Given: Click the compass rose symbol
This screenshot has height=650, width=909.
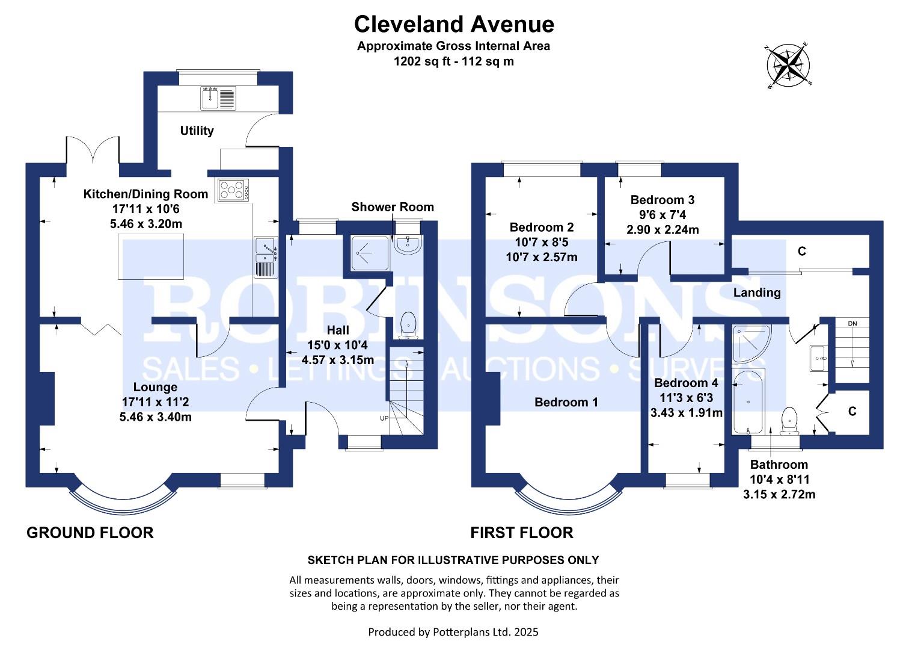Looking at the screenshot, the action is coord(789,65).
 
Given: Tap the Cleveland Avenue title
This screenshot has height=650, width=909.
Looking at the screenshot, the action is coord(454,24).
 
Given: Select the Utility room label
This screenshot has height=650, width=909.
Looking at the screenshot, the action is coord(197,131).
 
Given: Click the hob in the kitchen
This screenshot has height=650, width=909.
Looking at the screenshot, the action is coord(233,190).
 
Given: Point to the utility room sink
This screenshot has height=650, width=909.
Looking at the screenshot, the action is coord(218,98).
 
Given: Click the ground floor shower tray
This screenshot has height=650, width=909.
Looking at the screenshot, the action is coord(370,253).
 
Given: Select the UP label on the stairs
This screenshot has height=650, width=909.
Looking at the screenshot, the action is coord(384,418).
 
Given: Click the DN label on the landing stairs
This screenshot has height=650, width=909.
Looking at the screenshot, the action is coord(852,323).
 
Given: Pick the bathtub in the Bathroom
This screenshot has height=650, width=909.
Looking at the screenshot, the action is coord(748,401).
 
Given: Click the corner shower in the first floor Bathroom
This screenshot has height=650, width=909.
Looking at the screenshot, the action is coord(751,344).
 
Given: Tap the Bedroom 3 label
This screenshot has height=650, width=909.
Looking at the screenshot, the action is coord(663,199).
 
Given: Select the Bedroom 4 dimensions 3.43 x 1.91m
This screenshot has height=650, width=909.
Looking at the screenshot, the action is coord(686,413).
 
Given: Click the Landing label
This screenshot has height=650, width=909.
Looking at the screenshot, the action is coord(757,292).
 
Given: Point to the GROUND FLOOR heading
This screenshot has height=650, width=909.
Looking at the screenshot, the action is coord(90,533).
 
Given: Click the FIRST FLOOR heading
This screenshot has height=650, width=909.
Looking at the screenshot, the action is coord(522,533).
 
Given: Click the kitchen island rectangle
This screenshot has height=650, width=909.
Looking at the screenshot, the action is coord(150,257).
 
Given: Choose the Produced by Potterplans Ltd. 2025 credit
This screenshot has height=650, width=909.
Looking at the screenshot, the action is coord(453,632).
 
